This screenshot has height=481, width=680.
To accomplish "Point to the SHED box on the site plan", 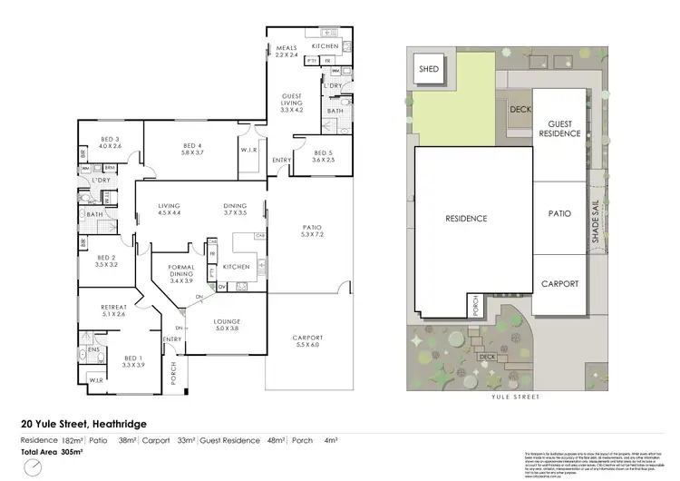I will (x=427, y=69).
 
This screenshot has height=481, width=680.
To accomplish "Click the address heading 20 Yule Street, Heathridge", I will (x=83, y=423).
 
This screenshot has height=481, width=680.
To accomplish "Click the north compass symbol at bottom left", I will (x=34, y=468).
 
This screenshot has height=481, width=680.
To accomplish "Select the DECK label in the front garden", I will (x=488, y=357).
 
